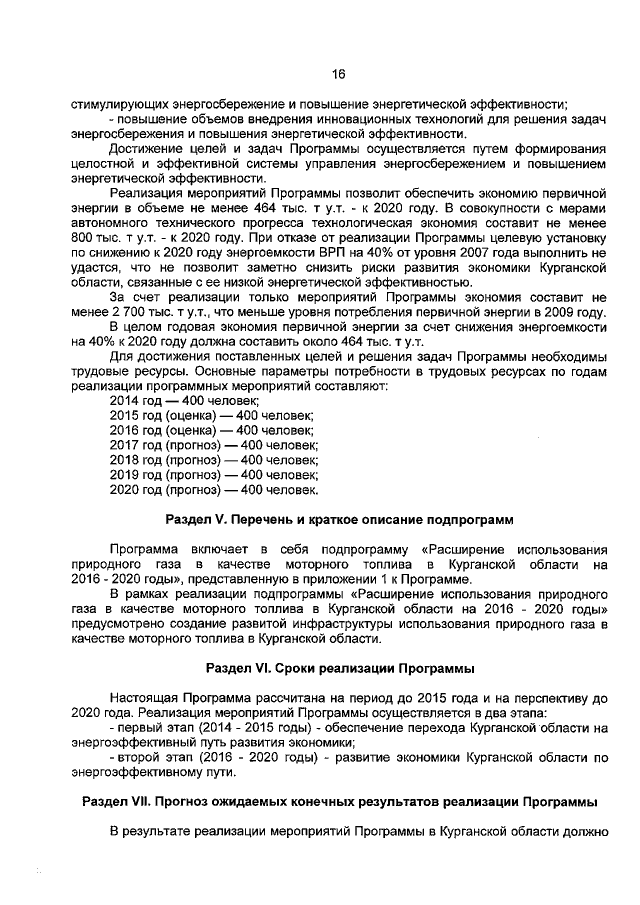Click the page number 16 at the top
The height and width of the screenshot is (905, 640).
click(x=338, y=73)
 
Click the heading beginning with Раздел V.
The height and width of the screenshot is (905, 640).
click(x=338, y=520)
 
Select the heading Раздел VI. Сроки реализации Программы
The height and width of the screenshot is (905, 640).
click(x=338, y=666)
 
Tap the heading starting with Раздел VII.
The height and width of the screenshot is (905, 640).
click(x=338, y=802)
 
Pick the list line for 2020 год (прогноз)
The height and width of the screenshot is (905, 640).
click(x=214, y=490)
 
